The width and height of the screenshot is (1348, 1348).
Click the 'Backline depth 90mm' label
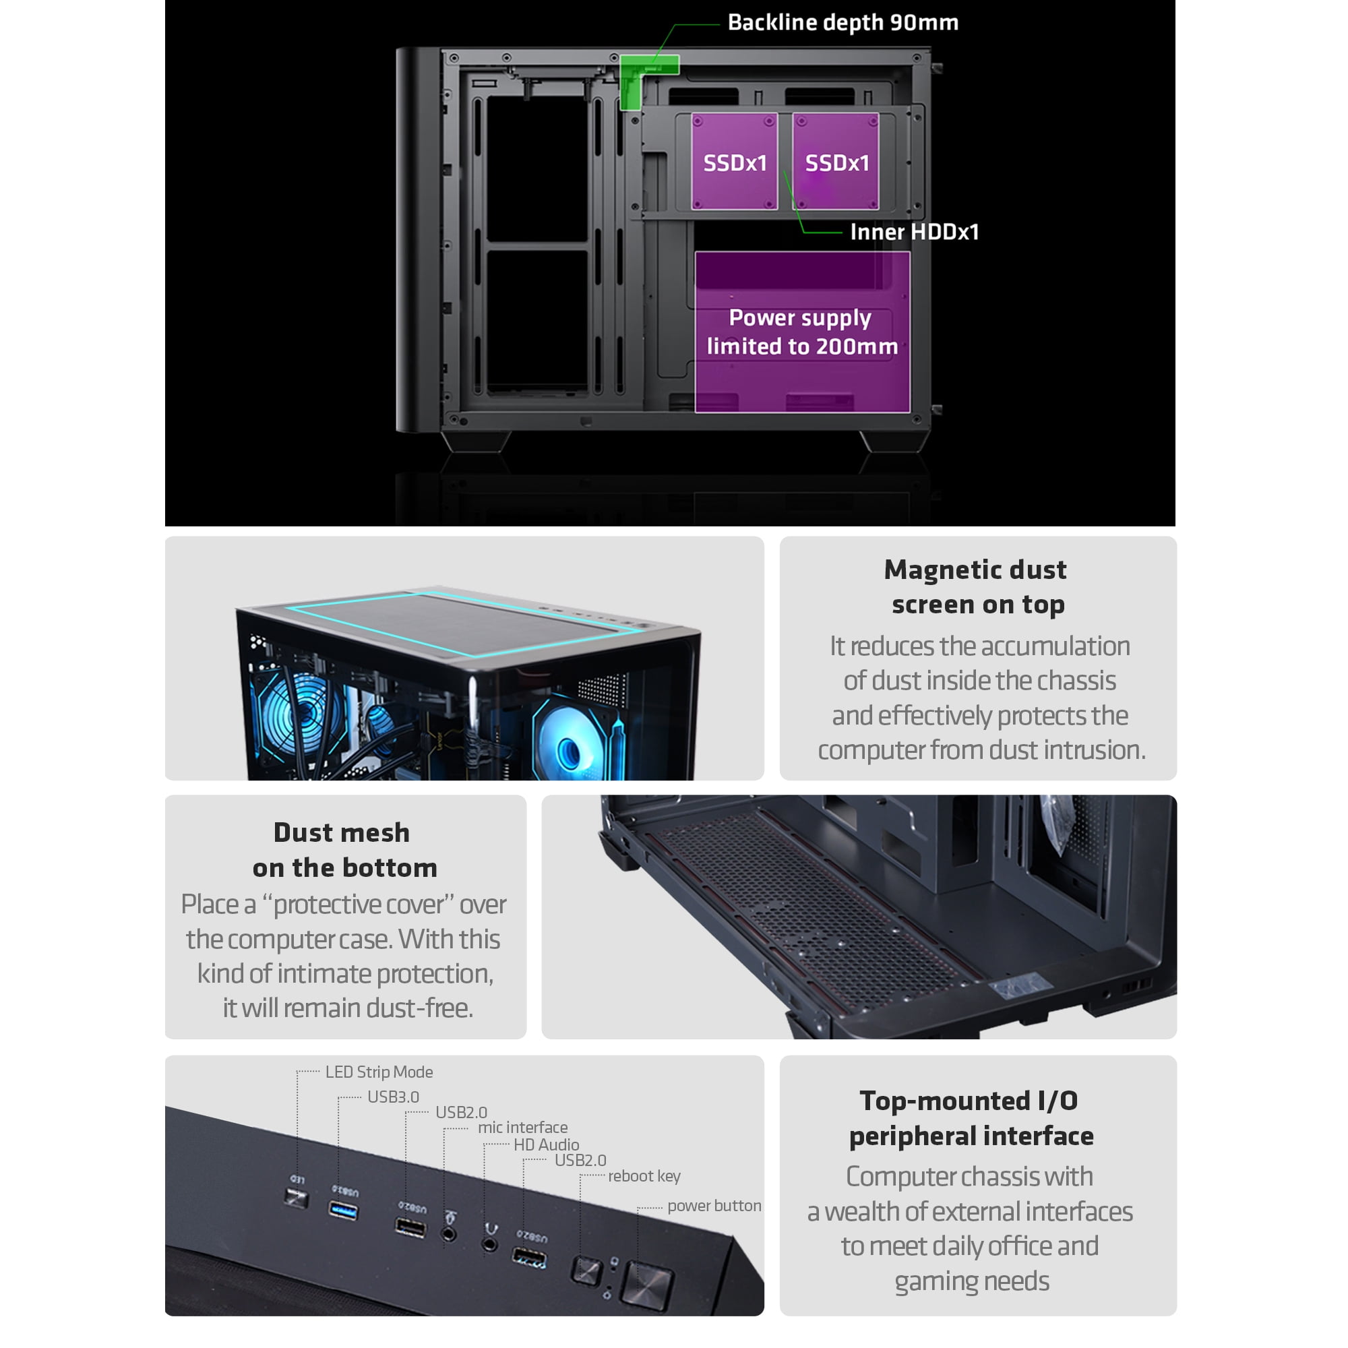pos(843,22)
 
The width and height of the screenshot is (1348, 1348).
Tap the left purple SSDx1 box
pos(734,161)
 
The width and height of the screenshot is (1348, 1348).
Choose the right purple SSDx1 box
pos(836,161)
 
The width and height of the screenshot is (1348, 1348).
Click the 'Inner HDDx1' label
pos(914,232)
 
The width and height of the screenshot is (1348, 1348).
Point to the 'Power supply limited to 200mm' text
pos(801,332)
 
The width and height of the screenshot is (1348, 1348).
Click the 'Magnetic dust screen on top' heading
pos(977,587)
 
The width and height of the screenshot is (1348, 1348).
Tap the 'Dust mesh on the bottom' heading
pos(344,850)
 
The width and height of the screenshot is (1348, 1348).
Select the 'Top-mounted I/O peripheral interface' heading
pos(971,1118)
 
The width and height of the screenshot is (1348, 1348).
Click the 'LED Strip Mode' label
pos(379,1072)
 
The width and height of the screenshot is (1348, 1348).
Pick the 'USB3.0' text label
pos(393,1097)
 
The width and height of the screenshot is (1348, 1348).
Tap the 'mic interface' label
pos(522,1127)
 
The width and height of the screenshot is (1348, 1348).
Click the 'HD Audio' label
pos(547,1144)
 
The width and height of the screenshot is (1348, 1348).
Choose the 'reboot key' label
pos(644,1176)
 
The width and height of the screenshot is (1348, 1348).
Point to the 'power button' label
pos(714,1206)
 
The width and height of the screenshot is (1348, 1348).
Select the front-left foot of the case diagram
pos(476,441)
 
